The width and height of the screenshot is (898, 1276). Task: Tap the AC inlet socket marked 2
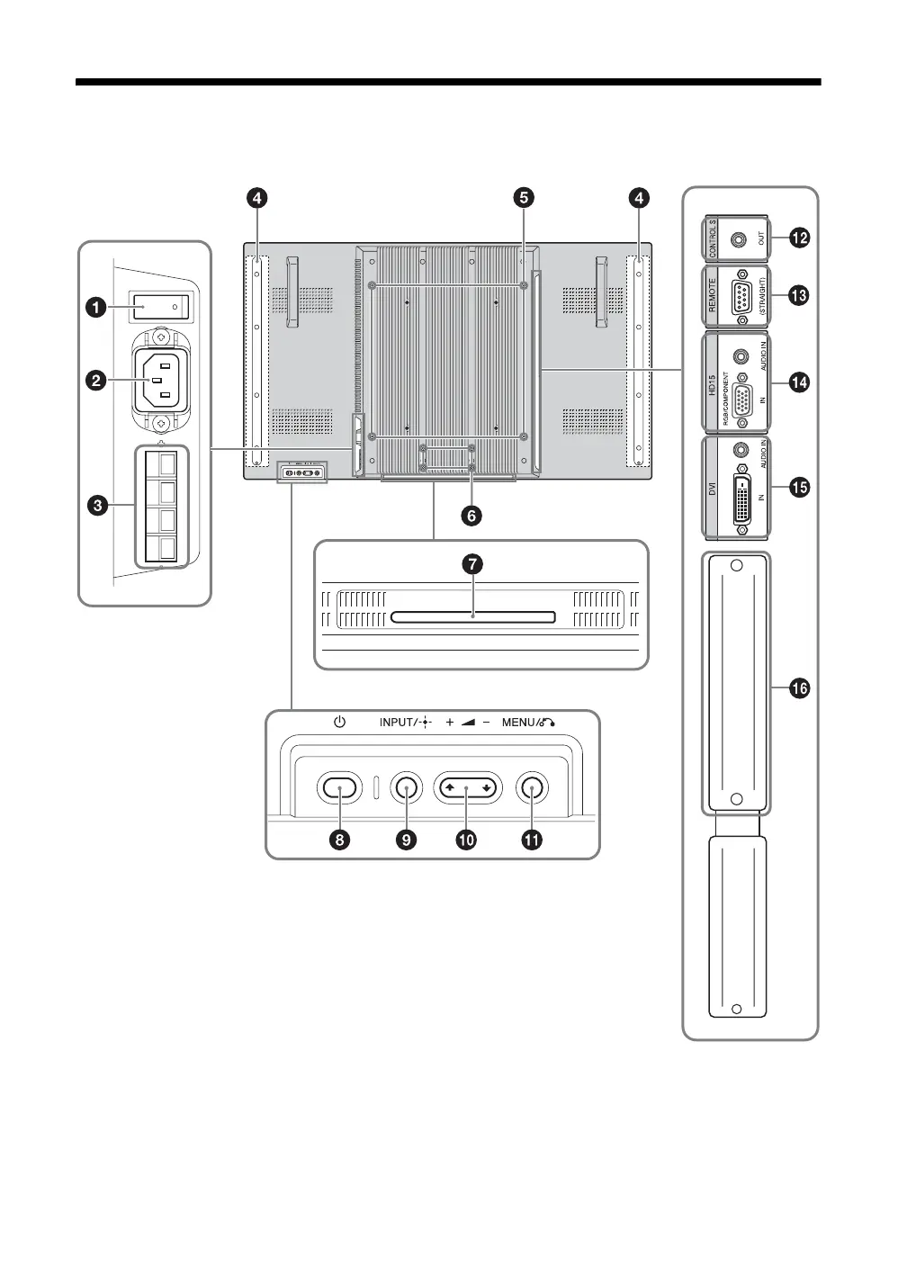[159, 381]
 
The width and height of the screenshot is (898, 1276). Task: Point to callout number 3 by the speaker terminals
[93, 506]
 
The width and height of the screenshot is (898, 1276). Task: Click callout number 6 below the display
[471, 516]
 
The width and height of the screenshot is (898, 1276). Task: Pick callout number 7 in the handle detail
[472, 564]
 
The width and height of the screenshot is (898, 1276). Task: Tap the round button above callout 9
[407, 788]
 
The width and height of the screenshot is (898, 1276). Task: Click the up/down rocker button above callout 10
[466, 788]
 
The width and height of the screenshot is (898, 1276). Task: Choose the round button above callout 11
[532, 788]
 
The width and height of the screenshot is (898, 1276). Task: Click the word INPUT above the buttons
[395, 723]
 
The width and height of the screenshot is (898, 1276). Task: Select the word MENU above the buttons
[519, 723]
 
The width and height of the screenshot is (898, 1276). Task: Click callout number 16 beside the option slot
[799, 689]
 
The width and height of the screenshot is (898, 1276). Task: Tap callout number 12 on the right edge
[799, 238]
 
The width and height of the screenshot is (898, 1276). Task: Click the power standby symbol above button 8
[339, 722]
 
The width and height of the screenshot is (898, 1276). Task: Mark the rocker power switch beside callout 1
[160, 307]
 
